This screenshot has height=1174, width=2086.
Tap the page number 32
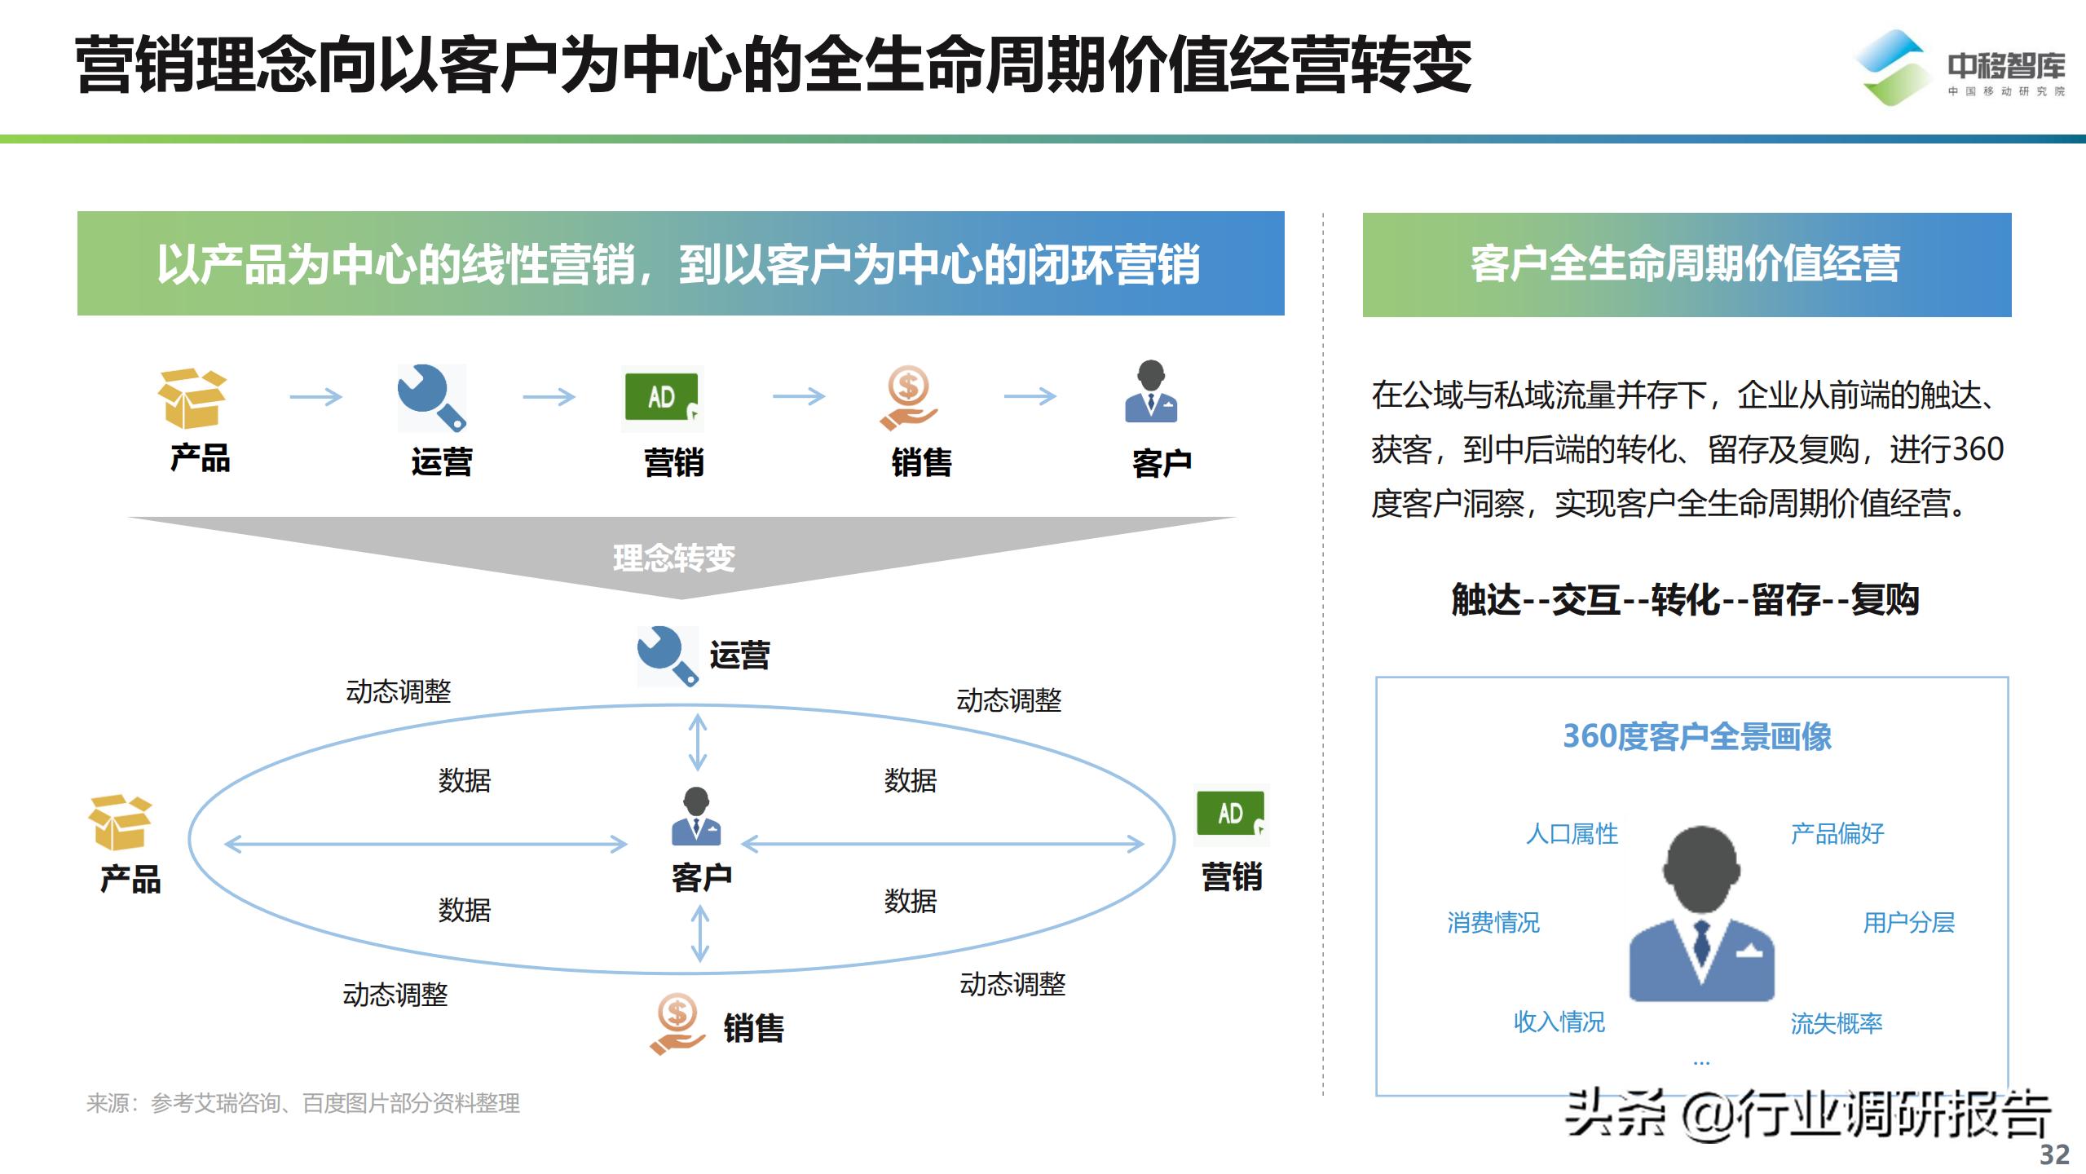coord(2054,1154)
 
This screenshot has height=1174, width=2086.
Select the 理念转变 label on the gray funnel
coord(673,558)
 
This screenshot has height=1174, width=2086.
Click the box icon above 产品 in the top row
coord(192,399)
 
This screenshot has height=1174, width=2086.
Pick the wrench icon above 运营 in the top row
coord(431,397)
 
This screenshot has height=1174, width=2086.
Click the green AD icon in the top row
coord(662,398)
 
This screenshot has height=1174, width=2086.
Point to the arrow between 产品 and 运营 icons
coord(315,397)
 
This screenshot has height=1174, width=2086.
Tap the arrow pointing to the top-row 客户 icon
coord(1030,397)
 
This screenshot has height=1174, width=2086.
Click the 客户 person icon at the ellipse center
coord(695,816)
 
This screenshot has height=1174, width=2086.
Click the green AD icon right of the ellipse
coord(1231,814)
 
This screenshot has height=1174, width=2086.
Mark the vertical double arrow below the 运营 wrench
coord(698,742)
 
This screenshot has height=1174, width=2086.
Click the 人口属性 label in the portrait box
coord(1572,834)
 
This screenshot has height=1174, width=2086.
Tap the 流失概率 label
coord(1836,1023)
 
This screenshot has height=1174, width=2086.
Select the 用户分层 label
coord(1908,923)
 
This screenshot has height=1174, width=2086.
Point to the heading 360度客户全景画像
coord(1696,737)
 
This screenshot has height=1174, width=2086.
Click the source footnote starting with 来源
coord(303,1103)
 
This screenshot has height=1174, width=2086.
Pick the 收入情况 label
coord(1559,1022)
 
